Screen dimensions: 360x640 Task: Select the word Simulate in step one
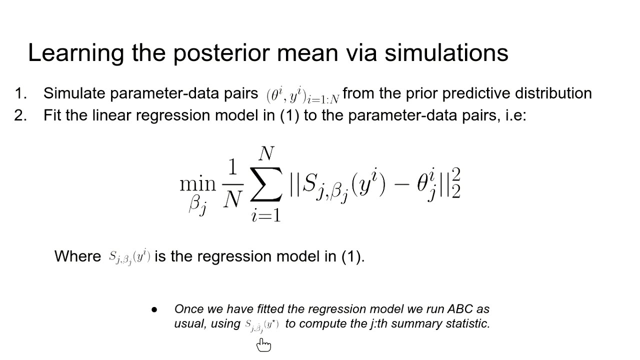point(74,93)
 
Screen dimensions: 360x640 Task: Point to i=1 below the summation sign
point(266,215)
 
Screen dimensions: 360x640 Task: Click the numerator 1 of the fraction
point(232,167)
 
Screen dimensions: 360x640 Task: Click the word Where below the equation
point(77,256)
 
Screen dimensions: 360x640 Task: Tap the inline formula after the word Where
point(129,257)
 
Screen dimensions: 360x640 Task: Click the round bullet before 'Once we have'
point(154,309)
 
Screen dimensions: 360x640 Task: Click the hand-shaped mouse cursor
point(263,345)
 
